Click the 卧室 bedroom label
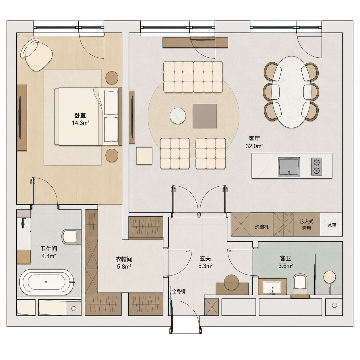coord(80,115)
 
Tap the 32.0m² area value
coord(254,146)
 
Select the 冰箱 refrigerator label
coord(332,225)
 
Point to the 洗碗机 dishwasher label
coord(262,227)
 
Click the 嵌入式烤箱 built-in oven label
coord(307,225)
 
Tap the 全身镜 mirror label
coord(179,291)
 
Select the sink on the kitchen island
coord(289,167)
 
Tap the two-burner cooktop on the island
coord(316,167)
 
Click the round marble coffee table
coord(178,116)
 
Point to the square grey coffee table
coord(205,116)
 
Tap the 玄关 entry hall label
coord(205,259)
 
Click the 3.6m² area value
coord(285,266)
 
